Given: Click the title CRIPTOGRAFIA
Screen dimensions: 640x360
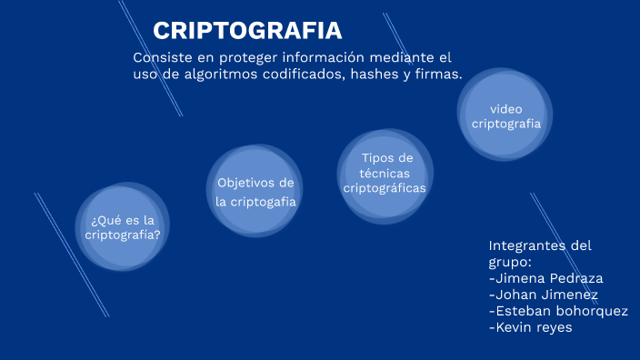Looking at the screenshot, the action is point(247,31).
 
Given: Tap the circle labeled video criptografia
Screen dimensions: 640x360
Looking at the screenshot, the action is point(505,115).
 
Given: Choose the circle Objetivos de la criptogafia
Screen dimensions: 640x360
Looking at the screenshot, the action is point(255,192).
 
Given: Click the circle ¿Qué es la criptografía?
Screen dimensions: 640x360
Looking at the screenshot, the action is point(123,227).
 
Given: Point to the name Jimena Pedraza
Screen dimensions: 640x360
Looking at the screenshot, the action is point(545,278).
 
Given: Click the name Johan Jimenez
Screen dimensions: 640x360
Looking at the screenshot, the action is point(543,295).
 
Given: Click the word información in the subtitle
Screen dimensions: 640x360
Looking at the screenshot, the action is point(326,57).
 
